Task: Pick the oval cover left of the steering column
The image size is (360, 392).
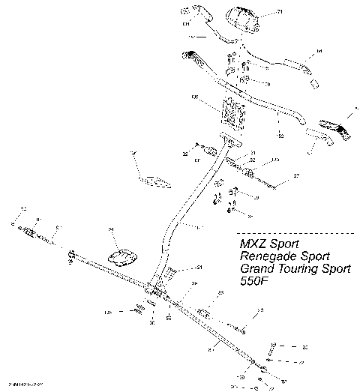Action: [x=122, y=258]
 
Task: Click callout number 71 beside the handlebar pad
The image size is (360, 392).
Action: [x=280, y=13]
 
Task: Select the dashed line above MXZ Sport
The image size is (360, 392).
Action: [x=292, y=233]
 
